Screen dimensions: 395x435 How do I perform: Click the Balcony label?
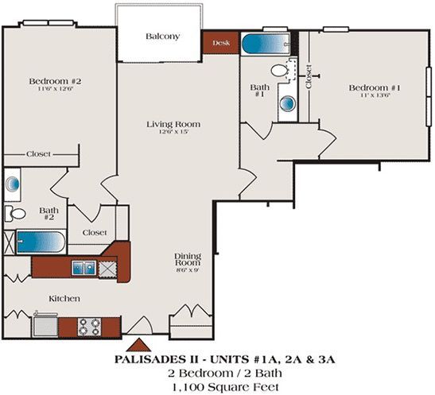(x=161, y=37)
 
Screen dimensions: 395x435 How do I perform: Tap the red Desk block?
(x=221, y=43)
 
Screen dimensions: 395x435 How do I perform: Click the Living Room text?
(x=173, y=124)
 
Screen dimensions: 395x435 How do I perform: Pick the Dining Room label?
(x=188, y=260)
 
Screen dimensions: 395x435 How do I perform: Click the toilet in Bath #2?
(x=15, y=213)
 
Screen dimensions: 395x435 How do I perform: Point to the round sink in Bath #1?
(x=286, y=103)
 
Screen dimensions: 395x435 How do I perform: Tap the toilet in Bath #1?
(x=280, y=70)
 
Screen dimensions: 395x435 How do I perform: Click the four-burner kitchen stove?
(x=88, y=325)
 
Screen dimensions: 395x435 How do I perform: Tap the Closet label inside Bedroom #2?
(x=39, y=154)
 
